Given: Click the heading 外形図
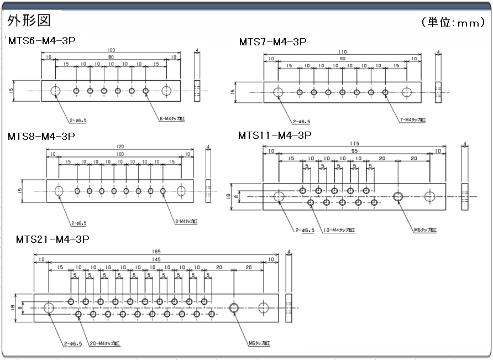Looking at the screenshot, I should tap(29, 20).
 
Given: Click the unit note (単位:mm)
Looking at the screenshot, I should tap(453, 23).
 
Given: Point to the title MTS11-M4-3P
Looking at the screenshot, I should tap(275, 135).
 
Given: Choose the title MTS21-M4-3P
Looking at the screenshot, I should tap(53, 239).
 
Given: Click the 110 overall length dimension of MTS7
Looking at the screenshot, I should tap(343, 52).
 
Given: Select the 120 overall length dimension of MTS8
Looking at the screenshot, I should tap(120, 147).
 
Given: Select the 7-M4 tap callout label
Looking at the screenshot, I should tap(412, 119).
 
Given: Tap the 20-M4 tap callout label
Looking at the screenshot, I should tap(107, 343).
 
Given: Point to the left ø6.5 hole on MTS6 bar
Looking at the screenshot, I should tap(56, 91).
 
